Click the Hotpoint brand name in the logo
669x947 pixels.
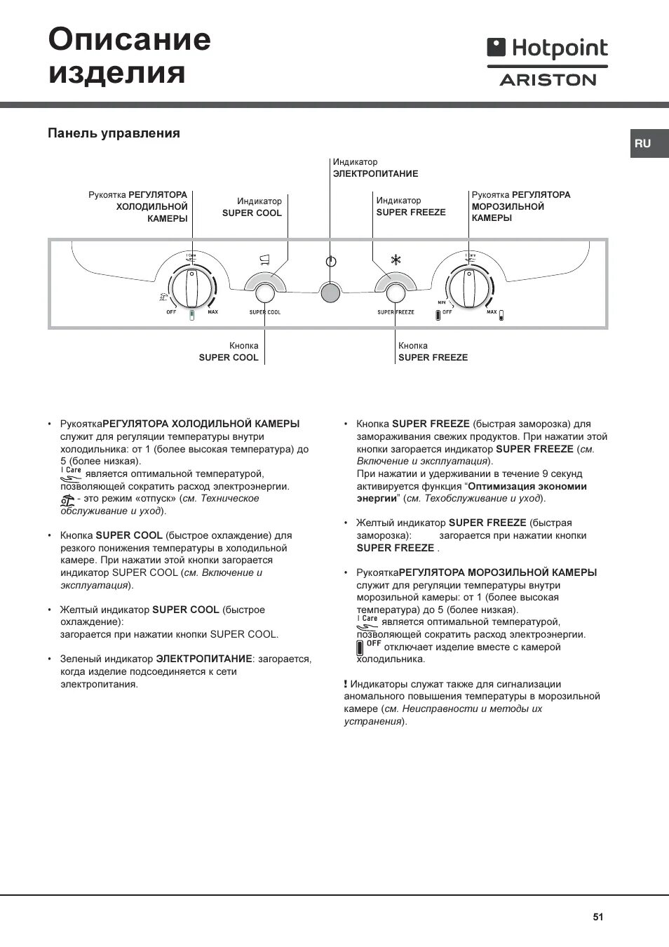point(559,48)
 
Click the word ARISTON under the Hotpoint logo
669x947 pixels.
point(548,80)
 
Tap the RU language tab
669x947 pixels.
point(643,143)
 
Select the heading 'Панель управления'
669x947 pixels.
point(114,133)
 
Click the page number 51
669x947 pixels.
point(597,917)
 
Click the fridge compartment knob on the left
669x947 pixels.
point(191,288)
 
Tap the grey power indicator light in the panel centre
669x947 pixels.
point(330,292)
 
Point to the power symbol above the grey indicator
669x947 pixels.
point(331,262)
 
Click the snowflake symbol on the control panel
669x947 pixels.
point(396,260)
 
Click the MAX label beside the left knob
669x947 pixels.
point(212,312)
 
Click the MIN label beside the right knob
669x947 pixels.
point(442,302)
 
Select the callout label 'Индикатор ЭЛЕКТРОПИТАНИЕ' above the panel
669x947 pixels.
point(375,168)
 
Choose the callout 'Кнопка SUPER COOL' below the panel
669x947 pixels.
point(229,351)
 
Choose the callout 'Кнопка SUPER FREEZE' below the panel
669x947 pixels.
point(433,351)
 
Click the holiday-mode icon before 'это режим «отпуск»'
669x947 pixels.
point(67,499)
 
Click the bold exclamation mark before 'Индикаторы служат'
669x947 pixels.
point(346,684)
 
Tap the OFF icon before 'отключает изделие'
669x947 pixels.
point(360,647)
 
